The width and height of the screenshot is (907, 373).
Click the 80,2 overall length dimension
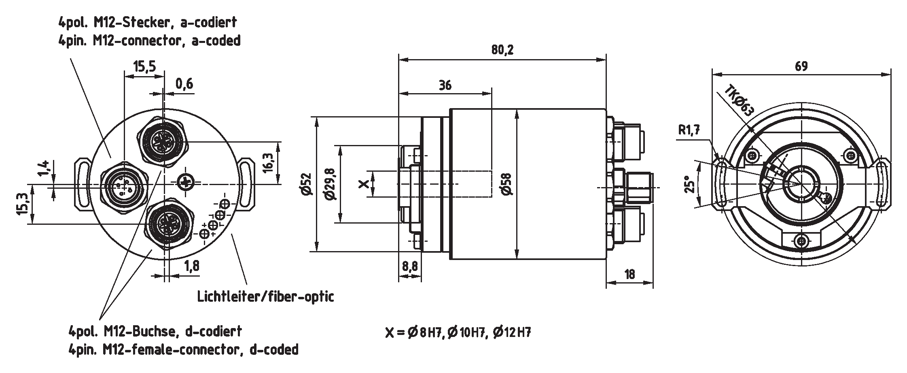502,50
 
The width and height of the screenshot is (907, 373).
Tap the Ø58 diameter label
506,184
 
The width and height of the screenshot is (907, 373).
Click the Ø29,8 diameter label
331,184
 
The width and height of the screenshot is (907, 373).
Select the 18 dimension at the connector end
629,274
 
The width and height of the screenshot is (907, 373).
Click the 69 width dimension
801,66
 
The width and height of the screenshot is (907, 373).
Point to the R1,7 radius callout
689,130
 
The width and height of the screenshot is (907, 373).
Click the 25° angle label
688,184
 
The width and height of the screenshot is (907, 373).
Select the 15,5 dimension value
144,66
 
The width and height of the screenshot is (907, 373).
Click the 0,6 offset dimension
184,84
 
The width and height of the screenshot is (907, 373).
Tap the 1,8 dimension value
192,266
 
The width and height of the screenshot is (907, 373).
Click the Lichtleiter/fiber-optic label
265,296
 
